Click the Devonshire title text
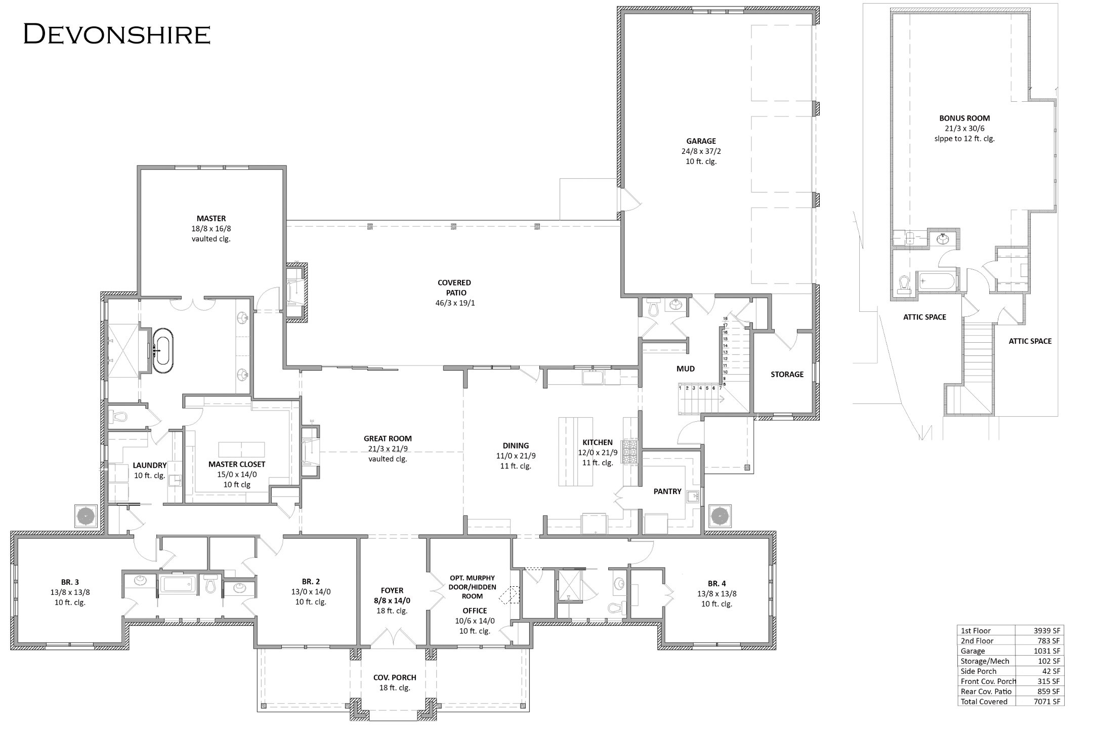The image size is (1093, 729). point(117,34)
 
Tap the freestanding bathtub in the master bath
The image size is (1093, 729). point(163,351)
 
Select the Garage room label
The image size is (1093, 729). point(701,141)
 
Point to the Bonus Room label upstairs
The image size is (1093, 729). point(964,118)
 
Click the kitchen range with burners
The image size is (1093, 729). point(630,452)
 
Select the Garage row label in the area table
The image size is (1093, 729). point(973,651)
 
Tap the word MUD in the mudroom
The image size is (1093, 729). point(686,369)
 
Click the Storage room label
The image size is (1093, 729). point(787,374)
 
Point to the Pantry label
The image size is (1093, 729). point(667,491)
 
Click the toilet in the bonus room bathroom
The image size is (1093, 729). point(904,285)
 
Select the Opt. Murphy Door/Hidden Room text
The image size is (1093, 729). point(472,587)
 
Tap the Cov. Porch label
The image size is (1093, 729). point(395,677)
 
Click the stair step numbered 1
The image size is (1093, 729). point(681,388)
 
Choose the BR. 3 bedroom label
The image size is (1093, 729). point(70,582)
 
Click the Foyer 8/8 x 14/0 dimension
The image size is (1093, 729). point(392,601)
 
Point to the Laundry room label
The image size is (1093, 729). point(150,465)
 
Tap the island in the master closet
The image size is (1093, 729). point(241,449)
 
